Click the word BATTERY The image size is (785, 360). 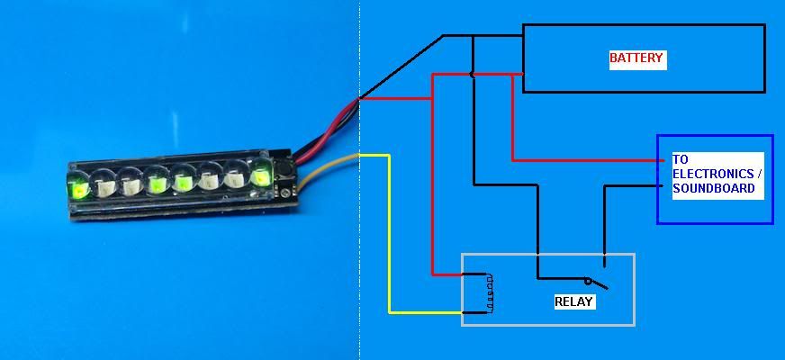click(x=636, y=58)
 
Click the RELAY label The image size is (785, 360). click(x=573, y=301)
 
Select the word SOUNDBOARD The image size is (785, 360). click(x=713, y=189)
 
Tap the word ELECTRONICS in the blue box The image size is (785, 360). click(x=712, y=174)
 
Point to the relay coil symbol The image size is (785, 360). click(x=490, y=293)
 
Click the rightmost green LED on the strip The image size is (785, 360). click(x=261, y=173)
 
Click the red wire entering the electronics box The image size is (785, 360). click(x=585, y=160)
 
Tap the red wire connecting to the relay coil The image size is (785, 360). click(x=446, y=274)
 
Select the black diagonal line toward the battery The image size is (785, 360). click(x=401, y=67)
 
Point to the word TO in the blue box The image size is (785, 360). click(x=680, y=159)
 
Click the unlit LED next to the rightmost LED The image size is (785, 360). click(x=236, y=177)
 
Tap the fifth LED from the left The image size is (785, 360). click(x=184, y=181)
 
